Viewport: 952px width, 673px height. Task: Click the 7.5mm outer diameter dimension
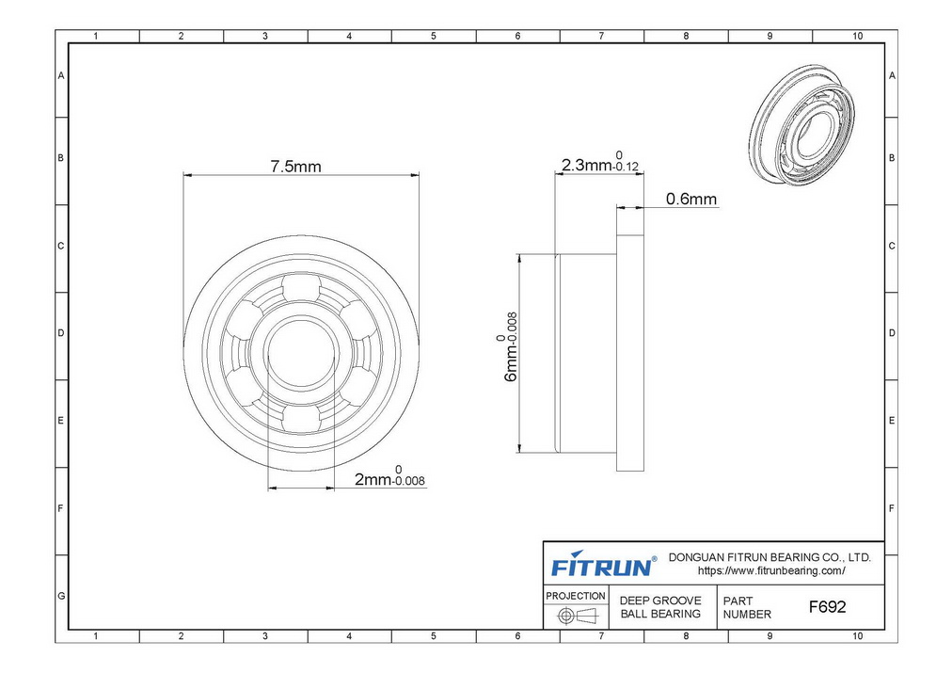pos(295,167)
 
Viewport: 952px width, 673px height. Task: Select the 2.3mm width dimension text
pos(600,162)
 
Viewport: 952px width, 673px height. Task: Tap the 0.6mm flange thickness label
pos(690,199)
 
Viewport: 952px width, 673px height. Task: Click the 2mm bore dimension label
pos(389,477)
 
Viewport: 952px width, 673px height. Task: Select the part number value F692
pos(827,607)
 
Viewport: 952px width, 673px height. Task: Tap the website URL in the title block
pos(771,571)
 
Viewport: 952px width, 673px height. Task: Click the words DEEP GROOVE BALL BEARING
pos(660,607)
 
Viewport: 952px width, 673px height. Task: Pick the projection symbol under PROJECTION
pos(578,616)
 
